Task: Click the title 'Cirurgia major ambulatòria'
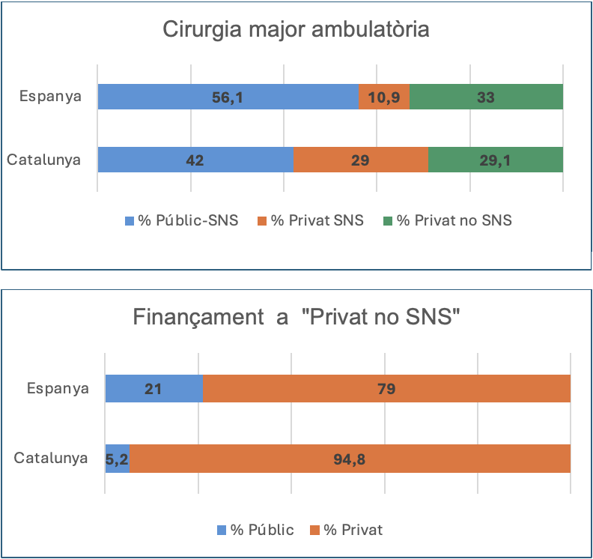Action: pyautogui.click(x=296, y=31)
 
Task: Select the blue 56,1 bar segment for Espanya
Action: pyautogui.click(x=228, y=97)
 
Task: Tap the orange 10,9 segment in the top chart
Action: pyautogui.click(x=384, y=97)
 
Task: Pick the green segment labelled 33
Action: pyautogui.click(x=486, y=97)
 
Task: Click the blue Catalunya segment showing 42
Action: pyautogui.click(x=195, y=160)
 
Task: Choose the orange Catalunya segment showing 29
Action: pyautogui.click(x=360, y=160)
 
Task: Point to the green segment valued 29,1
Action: pyautogui.click(x=495, y=160)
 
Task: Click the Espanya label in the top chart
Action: pyautogui.click(x=50, y=97)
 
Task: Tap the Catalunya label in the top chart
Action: pyautogui.click(x=43, y=160)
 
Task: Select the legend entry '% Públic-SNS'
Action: pyautogui.click(x=181, y=220)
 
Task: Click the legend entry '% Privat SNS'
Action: pyautogui.click(x=310, y=220)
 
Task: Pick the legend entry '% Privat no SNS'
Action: pyautogui.click(x=447, y=220)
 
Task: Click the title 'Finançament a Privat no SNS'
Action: pyautogui.click(x=296, y=317)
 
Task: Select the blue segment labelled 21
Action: pyautogui.click(x=154, y=389)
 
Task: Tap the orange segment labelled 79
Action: pyautogui.click(x=386, y=389)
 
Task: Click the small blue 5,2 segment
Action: pyautogui.click(x=118, y=459)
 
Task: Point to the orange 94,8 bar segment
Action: pyautogui.click(x=350, y=459)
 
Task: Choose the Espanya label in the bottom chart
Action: pyautogui.click(x=58, y=389)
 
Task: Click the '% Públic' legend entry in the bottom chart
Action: pyautogui.click(x=255, y=530)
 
